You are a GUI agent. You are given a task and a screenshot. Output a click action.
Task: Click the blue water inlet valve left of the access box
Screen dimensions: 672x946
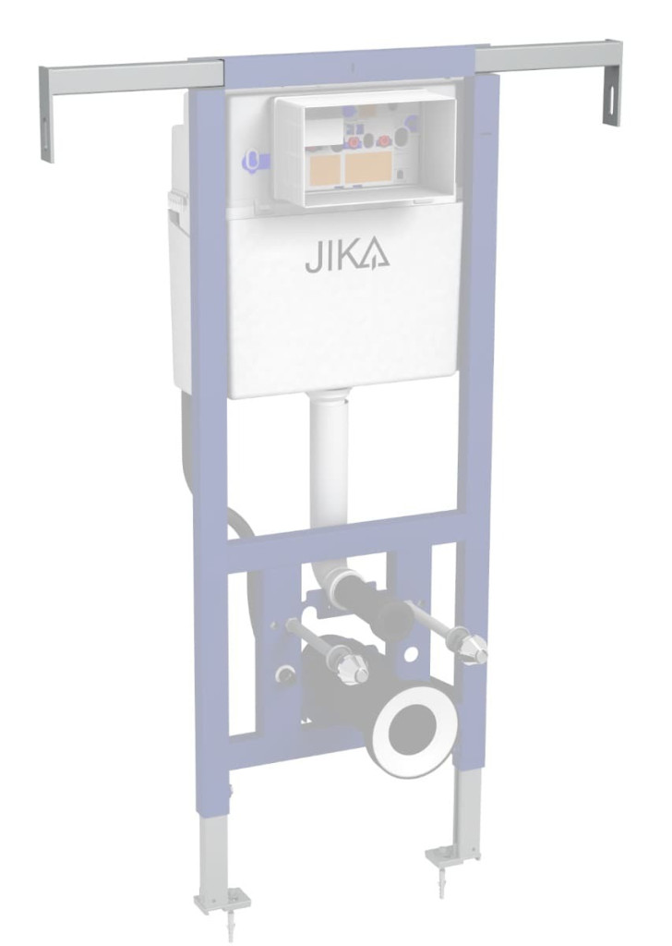coord(255,160)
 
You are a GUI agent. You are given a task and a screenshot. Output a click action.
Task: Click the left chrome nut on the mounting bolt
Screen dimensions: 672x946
coord(351,667)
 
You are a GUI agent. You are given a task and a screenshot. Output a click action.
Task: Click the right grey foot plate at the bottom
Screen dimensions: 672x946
coord(452,855)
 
